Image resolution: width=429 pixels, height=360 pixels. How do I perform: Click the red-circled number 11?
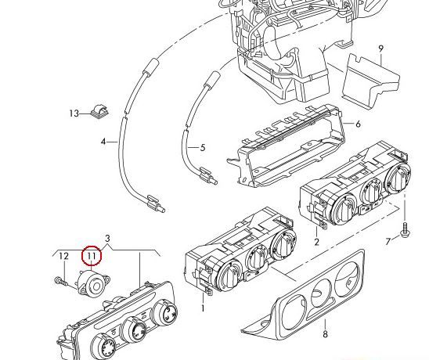point(92,256)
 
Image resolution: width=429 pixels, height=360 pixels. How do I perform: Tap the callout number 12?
point(63,256)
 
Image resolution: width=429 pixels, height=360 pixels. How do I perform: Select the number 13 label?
point(74,113)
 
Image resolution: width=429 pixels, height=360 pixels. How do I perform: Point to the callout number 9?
point(380,49)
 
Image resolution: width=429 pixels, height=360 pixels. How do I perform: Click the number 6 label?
point(358,124)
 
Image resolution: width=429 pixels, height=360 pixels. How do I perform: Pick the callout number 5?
point(203,148)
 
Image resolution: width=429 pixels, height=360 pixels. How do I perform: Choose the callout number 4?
point(103,142)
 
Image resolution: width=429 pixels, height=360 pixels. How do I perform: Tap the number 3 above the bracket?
point(107,238)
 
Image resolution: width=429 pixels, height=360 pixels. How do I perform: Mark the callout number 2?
point(316,242)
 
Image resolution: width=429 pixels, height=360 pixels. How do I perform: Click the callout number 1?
point(203,308)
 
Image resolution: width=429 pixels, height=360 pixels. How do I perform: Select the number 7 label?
point(388,242)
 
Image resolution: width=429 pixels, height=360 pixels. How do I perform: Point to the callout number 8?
point(325,334)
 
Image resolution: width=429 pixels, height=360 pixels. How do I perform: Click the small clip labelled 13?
point(99,112)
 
